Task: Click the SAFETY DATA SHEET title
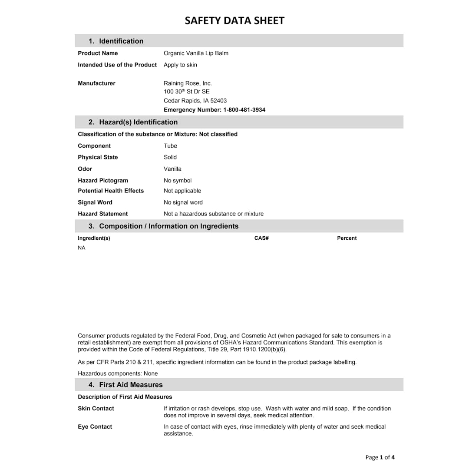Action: pos(234,21)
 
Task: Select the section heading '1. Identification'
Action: pos(116,41)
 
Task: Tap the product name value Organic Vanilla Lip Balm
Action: pos(196,53)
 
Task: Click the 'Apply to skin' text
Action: pos(180,65)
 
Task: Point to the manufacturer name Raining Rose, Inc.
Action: pos(188,83)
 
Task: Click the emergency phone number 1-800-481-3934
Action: pos(244,110)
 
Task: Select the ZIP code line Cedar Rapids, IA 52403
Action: pos(195,101)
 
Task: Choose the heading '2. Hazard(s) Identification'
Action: pos(133,122)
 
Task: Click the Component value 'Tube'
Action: pos(170,146)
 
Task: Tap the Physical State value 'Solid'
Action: pos(170,157)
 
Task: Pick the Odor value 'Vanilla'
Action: pos(172,169)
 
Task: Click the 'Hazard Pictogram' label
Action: pos(103,181)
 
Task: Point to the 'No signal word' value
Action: pos(183,202)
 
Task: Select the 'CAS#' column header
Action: pos(261,238)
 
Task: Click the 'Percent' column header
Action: pos(347,238)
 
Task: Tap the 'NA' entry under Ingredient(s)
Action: pos(82,248)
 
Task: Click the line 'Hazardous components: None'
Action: pos(118,373)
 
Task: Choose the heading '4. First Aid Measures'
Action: pos(126,385)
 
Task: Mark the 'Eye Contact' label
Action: pos(95,427)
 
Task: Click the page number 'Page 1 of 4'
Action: pos(380,457)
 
